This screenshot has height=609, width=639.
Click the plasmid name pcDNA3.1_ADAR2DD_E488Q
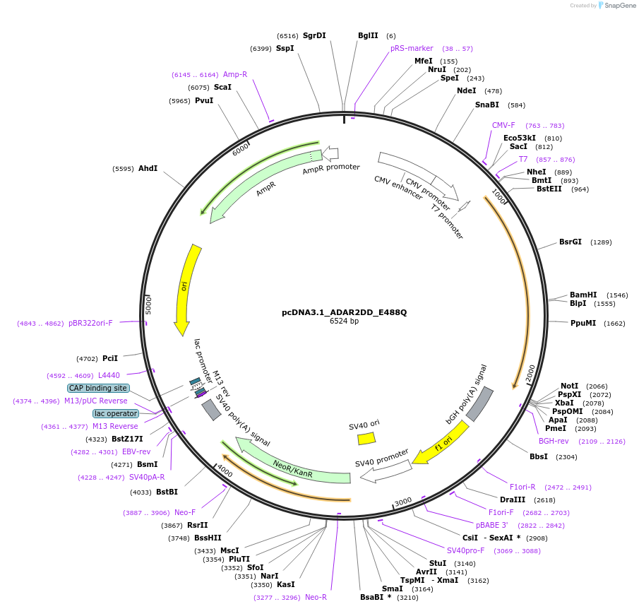point(344,312)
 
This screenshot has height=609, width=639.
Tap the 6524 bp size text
point(344,321)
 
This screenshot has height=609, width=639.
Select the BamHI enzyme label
point(583,295)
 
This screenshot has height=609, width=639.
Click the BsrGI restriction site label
point(570,242)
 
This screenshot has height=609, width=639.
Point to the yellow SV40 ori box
point(366,438)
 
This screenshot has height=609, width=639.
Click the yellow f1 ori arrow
point(440,444)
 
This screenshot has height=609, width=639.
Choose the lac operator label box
point(115,413)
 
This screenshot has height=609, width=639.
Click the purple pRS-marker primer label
point(412,48)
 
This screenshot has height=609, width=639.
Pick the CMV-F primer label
point(503,125)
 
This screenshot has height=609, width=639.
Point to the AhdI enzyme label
point(148,168)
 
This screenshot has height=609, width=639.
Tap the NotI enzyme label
point(569,386)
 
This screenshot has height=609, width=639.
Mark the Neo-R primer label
point(316,597)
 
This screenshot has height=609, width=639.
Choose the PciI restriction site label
point(109,358)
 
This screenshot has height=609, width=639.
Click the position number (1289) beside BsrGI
point(601,242)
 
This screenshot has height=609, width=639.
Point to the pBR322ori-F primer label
point(90,323)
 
